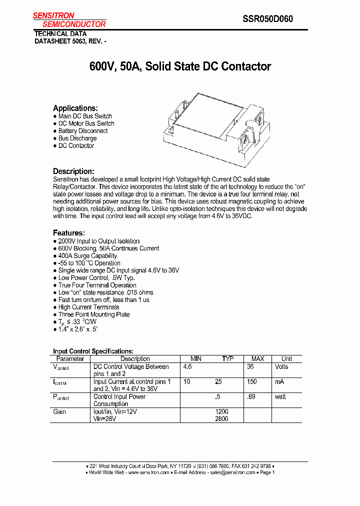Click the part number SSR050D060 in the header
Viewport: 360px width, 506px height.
[x=267, y=19]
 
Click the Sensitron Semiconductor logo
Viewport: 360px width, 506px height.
[x=69, y=20]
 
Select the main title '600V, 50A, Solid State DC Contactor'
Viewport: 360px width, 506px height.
[x=180, y=66]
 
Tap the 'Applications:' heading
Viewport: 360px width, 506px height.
[x=75, y=108]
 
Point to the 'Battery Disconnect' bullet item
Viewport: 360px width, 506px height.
[x=83, y=131]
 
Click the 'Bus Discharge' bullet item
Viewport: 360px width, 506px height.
[x=77, y=138]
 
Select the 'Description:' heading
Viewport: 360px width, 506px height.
[x=73, y=171]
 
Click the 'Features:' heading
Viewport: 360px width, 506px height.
[x=69, y=233]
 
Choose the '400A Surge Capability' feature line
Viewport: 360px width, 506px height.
[x=87, y=255]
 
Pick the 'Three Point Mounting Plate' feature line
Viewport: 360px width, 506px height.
[x=94, y=314]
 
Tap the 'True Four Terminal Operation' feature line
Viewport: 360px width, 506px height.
[x=94, y=285]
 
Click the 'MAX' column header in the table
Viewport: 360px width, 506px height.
[x=257, y=359]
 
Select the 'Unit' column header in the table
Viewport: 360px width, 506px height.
[x=287, y=359]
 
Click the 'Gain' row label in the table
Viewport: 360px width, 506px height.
[x=59, y=412]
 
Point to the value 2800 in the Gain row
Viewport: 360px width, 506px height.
[x=221, y=419]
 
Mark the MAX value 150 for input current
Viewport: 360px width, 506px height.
[x=252, y=382]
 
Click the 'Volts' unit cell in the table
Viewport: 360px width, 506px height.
[x=282, y=367]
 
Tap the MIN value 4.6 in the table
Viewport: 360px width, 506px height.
[x=188, y=367]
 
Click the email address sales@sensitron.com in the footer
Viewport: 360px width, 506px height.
[x=232, y=472]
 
